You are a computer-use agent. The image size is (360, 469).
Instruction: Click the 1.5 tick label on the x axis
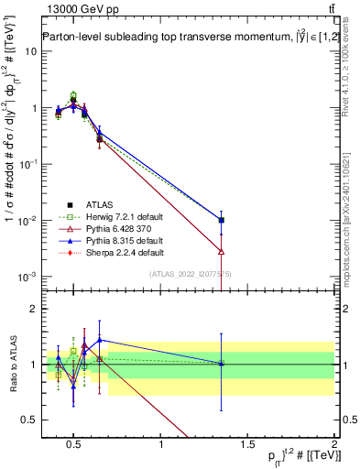[248, 445]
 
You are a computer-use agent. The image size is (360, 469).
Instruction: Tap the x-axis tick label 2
[333, 445]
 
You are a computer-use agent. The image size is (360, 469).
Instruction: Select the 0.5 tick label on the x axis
[75, 445]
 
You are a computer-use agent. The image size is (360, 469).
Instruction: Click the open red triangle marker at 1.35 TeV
[222, 251]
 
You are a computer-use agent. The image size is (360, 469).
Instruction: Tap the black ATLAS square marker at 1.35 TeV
[222, 220]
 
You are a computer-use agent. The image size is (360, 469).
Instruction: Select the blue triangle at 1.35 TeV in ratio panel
[222, 363]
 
